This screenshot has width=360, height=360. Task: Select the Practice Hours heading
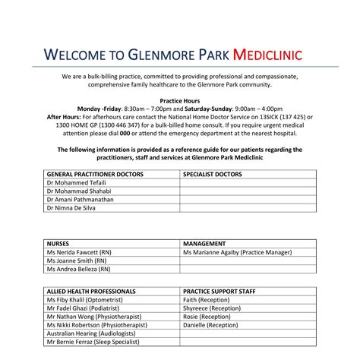click(179, 100)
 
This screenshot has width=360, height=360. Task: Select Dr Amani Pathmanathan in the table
click(81, 199)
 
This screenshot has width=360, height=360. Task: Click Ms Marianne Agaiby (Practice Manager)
click(237, 251)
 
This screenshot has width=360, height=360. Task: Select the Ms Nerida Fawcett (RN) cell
click(79, 251)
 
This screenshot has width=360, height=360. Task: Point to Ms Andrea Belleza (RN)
click(78, 268)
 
